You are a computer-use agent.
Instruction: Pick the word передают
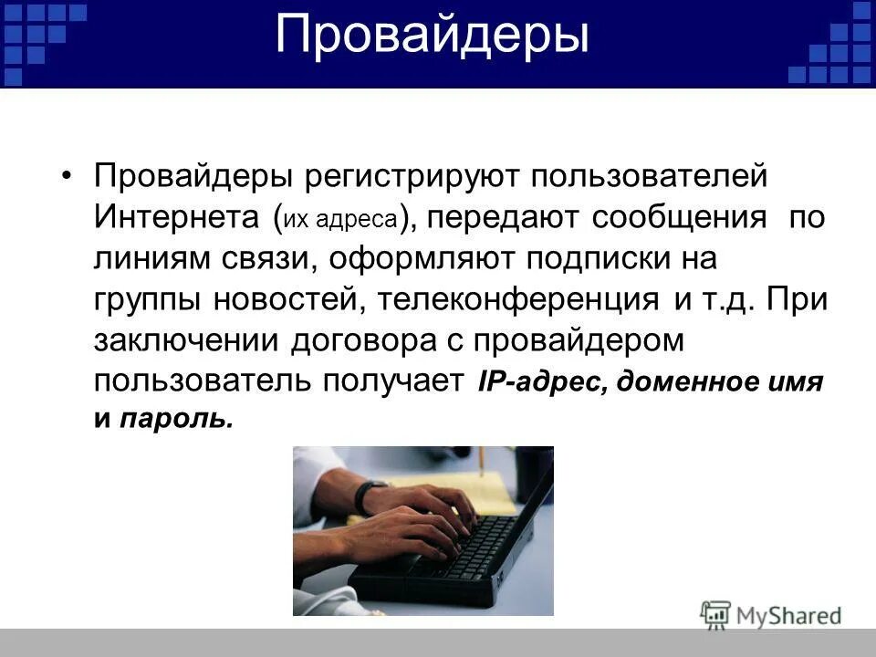point(504,218)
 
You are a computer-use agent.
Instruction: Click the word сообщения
point(680,218)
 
